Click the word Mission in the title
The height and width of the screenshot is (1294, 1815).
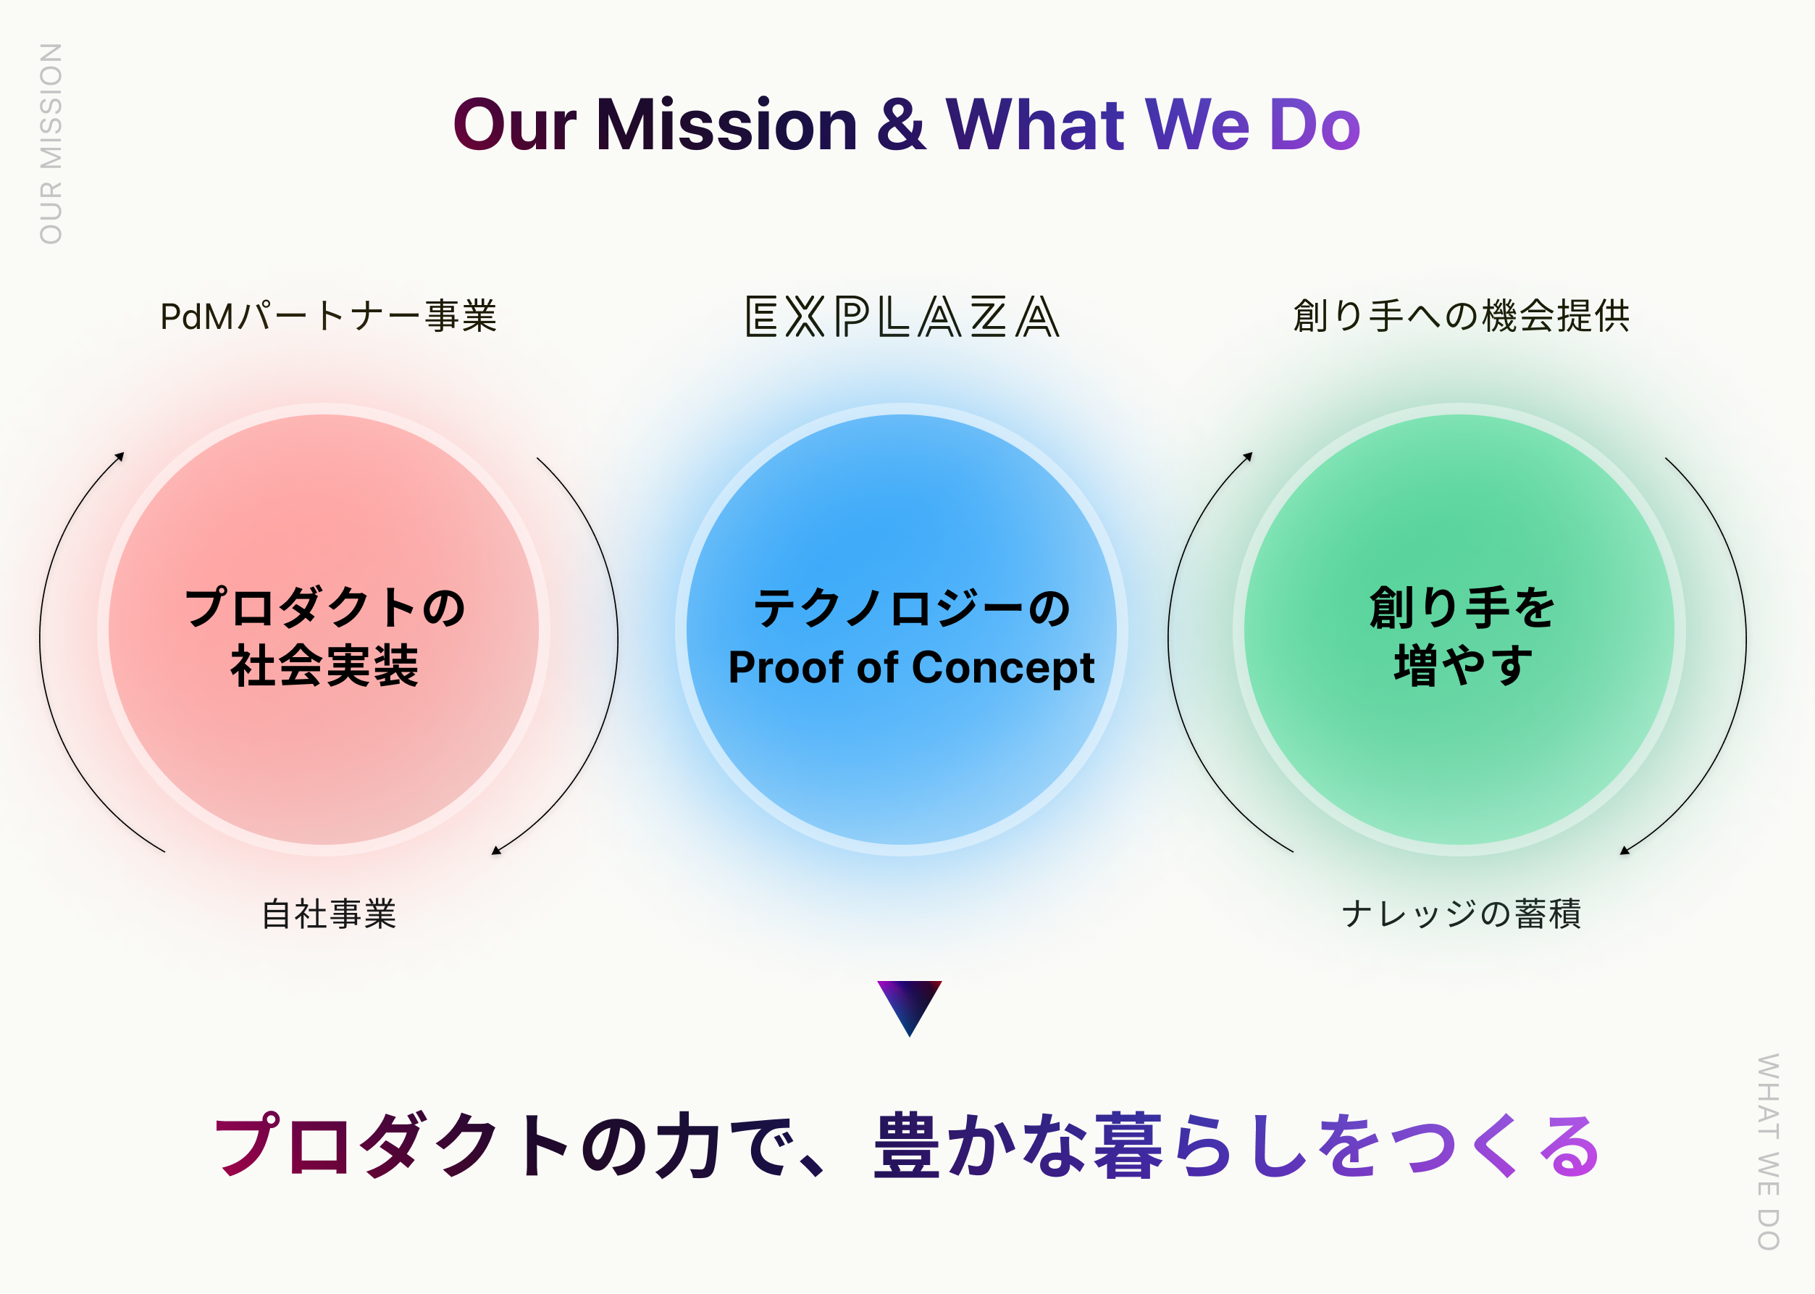pos(726,126)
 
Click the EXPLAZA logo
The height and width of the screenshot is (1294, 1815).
pos(902,317)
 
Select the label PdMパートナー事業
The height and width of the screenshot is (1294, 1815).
pos(328,317)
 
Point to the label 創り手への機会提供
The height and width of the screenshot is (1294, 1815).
pos(1461,317)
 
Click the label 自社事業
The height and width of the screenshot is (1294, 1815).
pos(329,914)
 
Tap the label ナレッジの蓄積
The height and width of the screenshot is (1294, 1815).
pos(1461,914)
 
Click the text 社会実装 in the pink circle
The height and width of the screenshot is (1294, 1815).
pos(324,666)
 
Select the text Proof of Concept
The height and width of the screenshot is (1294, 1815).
pos(910,668)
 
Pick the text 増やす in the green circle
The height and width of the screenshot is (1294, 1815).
pos(1462,666)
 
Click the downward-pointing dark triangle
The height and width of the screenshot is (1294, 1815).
pos(909,1004)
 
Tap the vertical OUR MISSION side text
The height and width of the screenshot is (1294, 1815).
pos(51,143)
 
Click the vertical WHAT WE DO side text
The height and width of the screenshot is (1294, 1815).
pos(1768,1151)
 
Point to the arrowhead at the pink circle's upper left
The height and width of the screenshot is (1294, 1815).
pos(120,456)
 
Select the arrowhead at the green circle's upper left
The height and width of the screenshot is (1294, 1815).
pos(1249,456)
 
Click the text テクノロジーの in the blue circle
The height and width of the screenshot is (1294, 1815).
pos(910,609)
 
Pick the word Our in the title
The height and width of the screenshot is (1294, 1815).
pos(514,126)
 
